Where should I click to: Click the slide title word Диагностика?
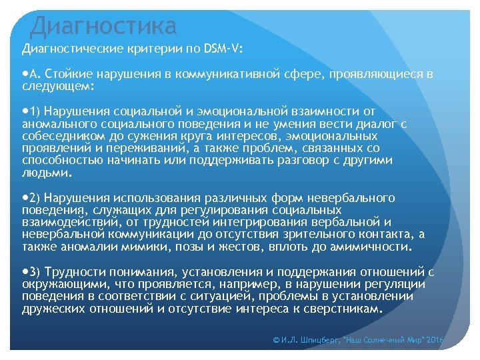tap(103, 25)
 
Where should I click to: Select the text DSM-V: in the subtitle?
tap(221, 49)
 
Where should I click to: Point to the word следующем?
tap(58, 87)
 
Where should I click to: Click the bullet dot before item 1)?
tap(25, 111)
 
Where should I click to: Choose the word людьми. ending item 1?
tap(46, 173)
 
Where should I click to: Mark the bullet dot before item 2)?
tap(25, 198)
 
